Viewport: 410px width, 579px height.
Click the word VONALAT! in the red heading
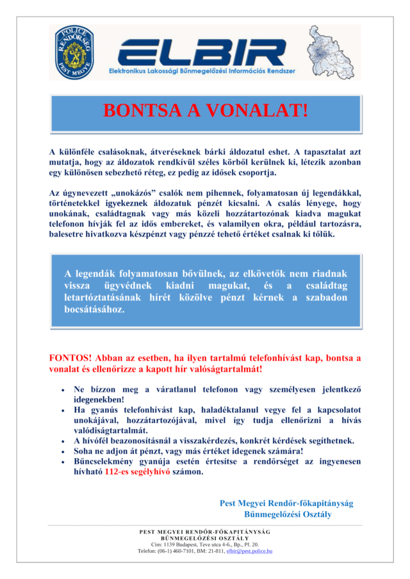pos(258,110)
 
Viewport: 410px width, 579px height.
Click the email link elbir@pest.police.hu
pos(249,550)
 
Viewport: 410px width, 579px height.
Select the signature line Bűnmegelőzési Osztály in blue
pos(288,514)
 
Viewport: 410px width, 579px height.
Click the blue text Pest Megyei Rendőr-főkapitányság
pos(286,503)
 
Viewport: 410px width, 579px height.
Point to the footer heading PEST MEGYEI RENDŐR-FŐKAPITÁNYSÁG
pos(205,532)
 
